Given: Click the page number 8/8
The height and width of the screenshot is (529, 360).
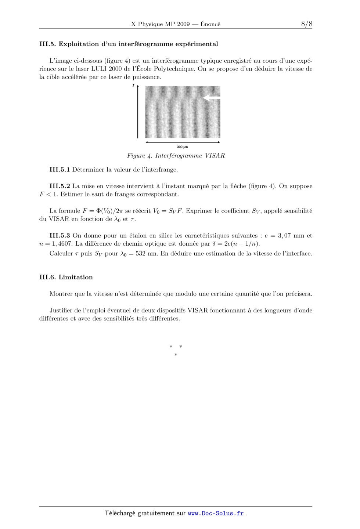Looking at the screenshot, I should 306,24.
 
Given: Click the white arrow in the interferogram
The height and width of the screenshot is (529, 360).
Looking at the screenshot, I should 212,98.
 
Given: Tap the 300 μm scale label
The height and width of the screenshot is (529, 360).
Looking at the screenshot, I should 182,147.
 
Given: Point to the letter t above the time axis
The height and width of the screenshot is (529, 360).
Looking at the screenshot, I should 133,86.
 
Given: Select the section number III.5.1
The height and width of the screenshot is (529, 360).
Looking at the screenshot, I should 60,170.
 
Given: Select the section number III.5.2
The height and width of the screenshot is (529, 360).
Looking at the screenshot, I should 60,186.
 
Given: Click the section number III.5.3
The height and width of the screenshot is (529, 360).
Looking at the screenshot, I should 60,236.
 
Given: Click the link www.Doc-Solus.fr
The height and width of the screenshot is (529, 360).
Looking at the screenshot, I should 216,513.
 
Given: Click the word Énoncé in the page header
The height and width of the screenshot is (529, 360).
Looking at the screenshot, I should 210,24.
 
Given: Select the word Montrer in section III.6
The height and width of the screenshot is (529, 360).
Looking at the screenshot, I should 60,294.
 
